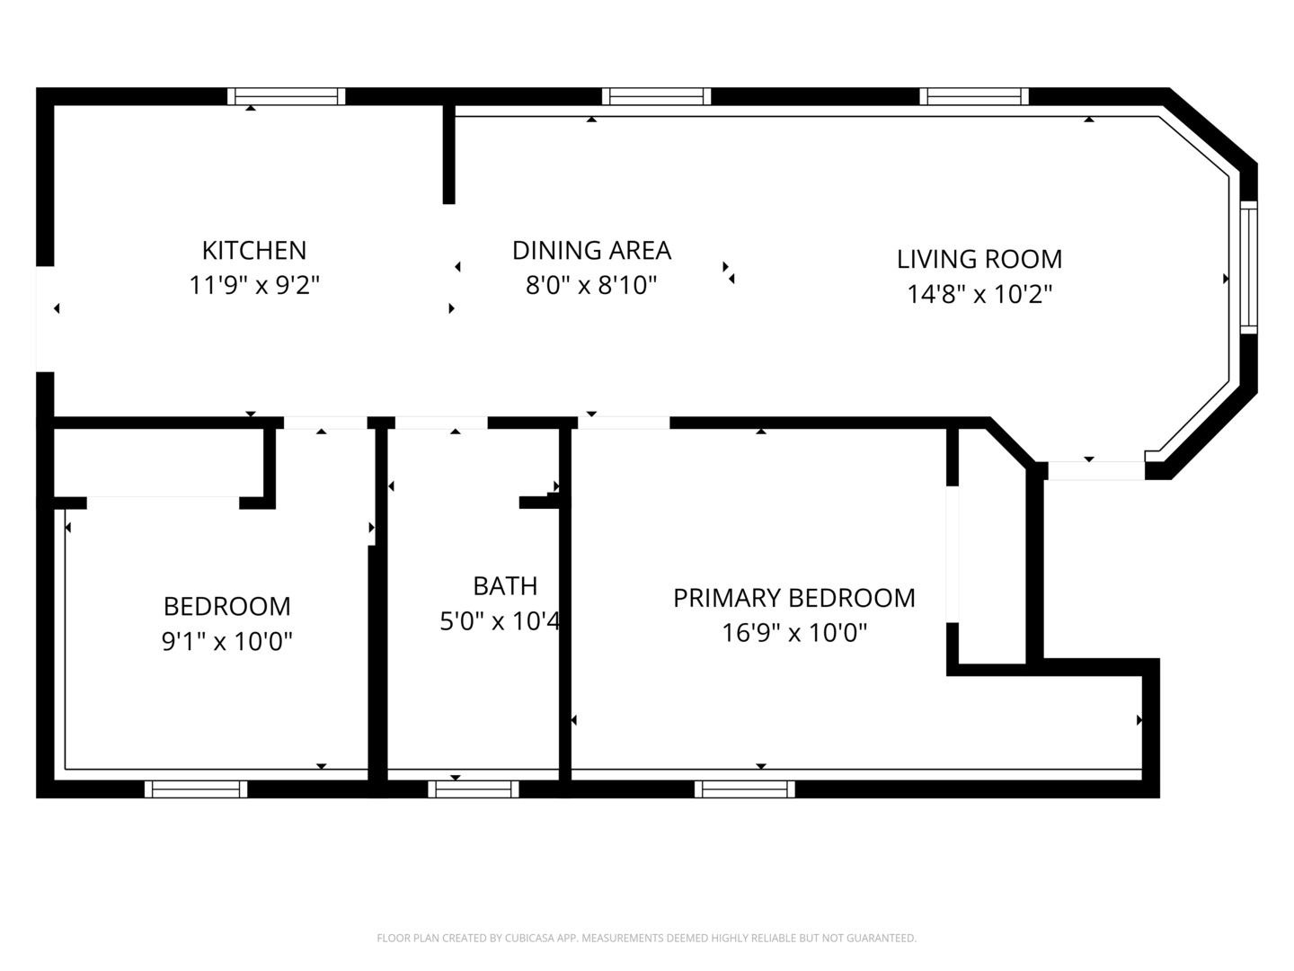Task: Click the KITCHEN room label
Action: [x=253, y=250]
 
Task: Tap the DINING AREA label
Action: [x=591, y=250]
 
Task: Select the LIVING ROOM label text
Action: [x=979, y=259]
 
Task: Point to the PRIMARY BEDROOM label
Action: [x=793, y=598]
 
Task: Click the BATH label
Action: [x=505, y=586]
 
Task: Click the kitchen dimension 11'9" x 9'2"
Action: [x=253, y=286]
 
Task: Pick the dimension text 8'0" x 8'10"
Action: [x=591, y=286]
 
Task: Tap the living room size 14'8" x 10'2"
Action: [x=979, y=294]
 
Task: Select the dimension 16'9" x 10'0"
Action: [x=793, y=633]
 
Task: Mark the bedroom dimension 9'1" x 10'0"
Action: [x=226, y=642]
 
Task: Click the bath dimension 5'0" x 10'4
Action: [x=500, y=621]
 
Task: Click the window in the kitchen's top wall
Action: [x=286, y=96]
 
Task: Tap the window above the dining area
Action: [x=656, y=96]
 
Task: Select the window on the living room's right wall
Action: [x=1248, y=268]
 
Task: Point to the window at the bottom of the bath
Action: [x=473, y=789]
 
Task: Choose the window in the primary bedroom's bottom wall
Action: [x=744, y=789]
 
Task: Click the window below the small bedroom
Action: [x=196, y=789]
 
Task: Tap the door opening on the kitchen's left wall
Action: [x=45, y=318]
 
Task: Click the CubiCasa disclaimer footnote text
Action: [x=646, y=939]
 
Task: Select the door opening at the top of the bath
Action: [x=441, y=423]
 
